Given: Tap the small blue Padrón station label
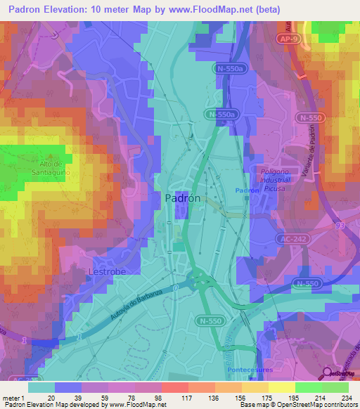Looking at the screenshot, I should point(244,191).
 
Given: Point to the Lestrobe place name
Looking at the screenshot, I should point(88,271).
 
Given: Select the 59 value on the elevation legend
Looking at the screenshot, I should point(109,397).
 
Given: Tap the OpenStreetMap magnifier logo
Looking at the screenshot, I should point(328,373).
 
